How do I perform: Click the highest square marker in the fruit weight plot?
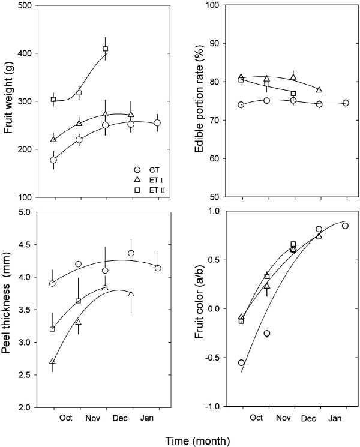pos(105,49)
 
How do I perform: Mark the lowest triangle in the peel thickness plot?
pos(53,362)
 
